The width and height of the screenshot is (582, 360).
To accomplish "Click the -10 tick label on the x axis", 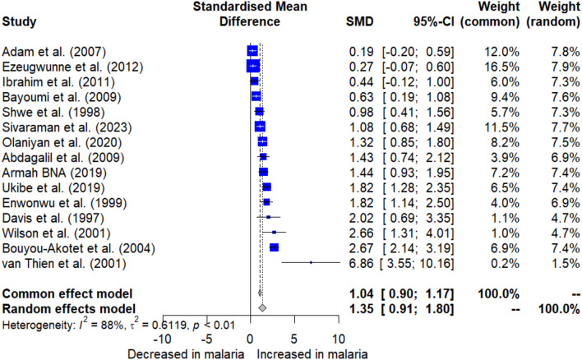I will (x=162, y=338).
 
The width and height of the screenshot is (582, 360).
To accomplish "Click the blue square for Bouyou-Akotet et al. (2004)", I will (x=274, y=247).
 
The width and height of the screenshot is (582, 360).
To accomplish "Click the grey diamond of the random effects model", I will (x=262, y=307).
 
